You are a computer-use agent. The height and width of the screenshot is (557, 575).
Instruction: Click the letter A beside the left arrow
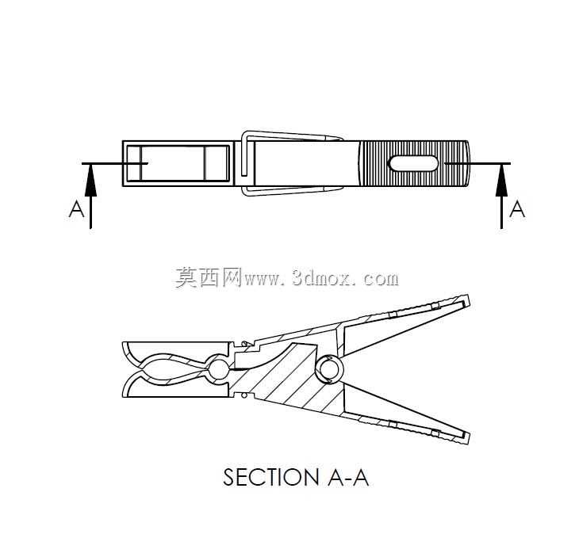pyautogui.click(x=77, y=209)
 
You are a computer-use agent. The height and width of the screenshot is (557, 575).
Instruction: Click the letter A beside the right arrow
pyautogui.click(x=517, y=209)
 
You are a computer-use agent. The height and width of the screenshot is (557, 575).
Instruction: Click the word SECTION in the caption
pyautogui.click(x=271, y=477)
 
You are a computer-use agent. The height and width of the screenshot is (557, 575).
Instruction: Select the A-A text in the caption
pyautogui.click(x=348, y=477)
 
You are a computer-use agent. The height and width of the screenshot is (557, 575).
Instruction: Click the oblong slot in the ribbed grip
pyautogui.click(x=413, y=163)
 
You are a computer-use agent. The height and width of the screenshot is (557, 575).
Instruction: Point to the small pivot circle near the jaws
pyautogui.click(x=218, y=369)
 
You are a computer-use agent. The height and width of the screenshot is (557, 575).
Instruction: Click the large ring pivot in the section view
pyautogui.click(x=329, y=369)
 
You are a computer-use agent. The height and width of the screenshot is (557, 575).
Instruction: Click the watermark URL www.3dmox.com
pyautogui.click(x=321, y=279)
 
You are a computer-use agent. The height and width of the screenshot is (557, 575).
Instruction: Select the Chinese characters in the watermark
pyautogui.click(x=209, y=278)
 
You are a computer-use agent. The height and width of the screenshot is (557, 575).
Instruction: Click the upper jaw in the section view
pyautogui.click(x=176, y=351)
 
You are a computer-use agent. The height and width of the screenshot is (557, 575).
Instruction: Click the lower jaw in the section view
pyautogui.click(x=176, y=387)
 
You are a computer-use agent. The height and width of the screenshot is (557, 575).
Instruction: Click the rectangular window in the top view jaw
pyautogui.click(x=178, y=163)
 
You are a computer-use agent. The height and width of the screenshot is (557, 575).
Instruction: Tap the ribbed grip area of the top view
pyautogui.click(x=414, y=163)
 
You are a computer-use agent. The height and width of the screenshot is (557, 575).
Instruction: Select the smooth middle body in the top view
pyautogui.click(x=307, y=163)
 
